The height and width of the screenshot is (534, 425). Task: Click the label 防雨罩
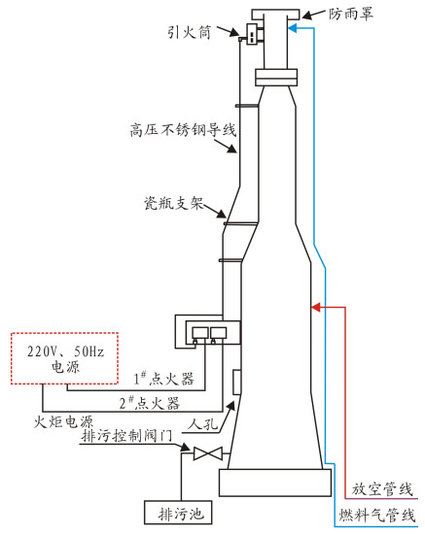[x=351, y=15]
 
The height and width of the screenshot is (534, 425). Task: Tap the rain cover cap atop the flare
[x=275, y=15]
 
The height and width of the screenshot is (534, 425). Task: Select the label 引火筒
[x=189, y=32]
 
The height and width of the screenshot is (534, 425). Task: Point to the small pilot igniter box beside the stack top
[x=252, y=34]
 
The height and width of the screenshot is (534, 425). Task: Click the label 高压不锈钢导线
[x=183, y=130]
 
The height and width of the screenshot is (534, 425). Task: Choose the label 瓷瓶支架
[x=174, y=203]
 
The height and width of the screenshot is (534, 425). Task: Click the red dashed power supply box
[x=65, y=358]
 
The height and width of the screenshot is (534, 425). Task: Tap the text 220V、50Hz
[x=65, y=351]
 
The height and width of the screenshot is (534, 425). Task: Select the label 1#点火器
[x=163, y=379]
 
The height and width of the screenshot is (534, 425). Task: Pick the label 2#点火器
[x=150, y=403]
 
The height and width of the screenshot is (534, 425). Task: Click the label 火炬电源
[x=63, y=422]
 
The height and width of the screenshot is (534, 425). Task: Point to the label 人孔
[x=203, y=424]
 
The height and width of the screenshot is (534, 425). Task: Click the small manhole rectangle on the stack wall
[x=236, y=383]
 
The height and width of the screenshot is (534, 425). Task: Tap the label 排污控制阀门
[x=126, y=436]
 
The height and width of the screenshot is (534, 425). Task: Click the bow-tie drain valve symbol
[x=208, y=453]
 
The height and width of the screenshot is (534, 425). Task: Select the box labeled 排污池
[x=178, y=513]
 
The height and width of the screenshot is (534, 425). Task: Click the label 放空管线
[x=383, y=489]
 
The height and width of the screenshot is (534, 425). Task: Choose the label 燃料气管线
[x=377, y=515]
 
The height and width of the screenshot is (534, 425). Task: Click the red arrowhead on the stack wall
[x=316, y=307]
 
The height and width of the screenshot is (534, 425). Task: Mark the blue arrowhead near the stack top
[x=293, y=28]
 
